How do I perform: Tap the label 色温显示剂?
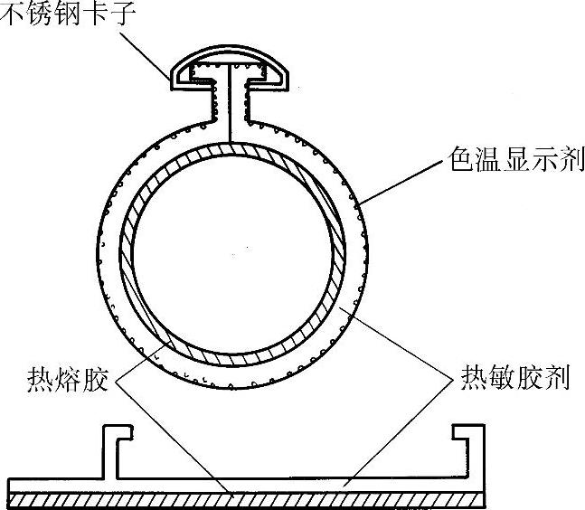512,164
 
